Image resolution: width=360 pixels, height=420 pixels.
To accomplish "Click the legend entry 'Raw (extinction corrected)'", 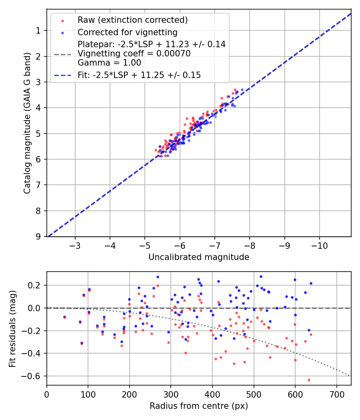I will pyautogui.click(x=132, y=20).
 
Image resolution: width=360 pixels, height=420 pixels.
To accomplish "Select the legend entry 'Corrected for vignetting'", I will pyautogui.click(x=128, y=32).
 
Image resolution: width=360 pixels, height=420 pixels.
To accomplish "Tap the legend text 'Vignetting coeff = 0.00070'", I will pyautogui.click(x=134, y=54).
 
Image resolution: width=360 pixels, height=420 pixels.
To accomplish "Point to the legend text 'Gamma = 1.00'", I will pyautogui.click(x=109, y=62).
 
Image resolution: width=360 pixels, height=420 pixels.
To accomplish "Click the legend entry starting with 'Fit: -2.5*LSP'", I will pyautogui.click(x=139, y=75).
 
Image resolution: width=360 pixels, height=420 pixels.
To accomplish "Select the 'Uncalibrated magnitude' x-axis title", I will pyautogui.click(x=199, y=257).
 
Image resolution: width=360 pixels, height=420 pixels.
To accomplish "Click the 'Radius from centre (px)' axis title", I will pyautogui.click(x=199, y=406).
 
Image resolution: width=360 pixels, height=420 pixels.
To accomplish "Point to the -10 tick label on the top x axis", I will pyautogui.click(x=320, y=245).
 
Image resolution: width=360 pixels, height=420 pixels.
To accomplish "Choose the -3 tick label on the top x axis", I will pyautogui.click(x=75, y=245).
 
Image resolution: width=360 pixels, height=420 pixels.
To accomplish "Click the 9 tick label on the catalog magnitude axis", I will pyautogui.click(x=39, y=236).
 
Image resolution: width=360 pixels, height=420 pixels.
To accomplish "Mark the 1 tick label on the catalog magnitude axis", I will pyautogui.click(x=39, y=31).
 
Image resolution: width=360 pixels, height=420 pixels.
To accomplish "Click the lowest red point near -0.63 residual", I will pyautogui.click(x=309, y=380).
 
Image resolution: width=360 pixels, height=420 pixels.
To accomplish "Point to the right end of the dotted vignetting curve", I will pyautogui.click(x=350, y=376).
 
